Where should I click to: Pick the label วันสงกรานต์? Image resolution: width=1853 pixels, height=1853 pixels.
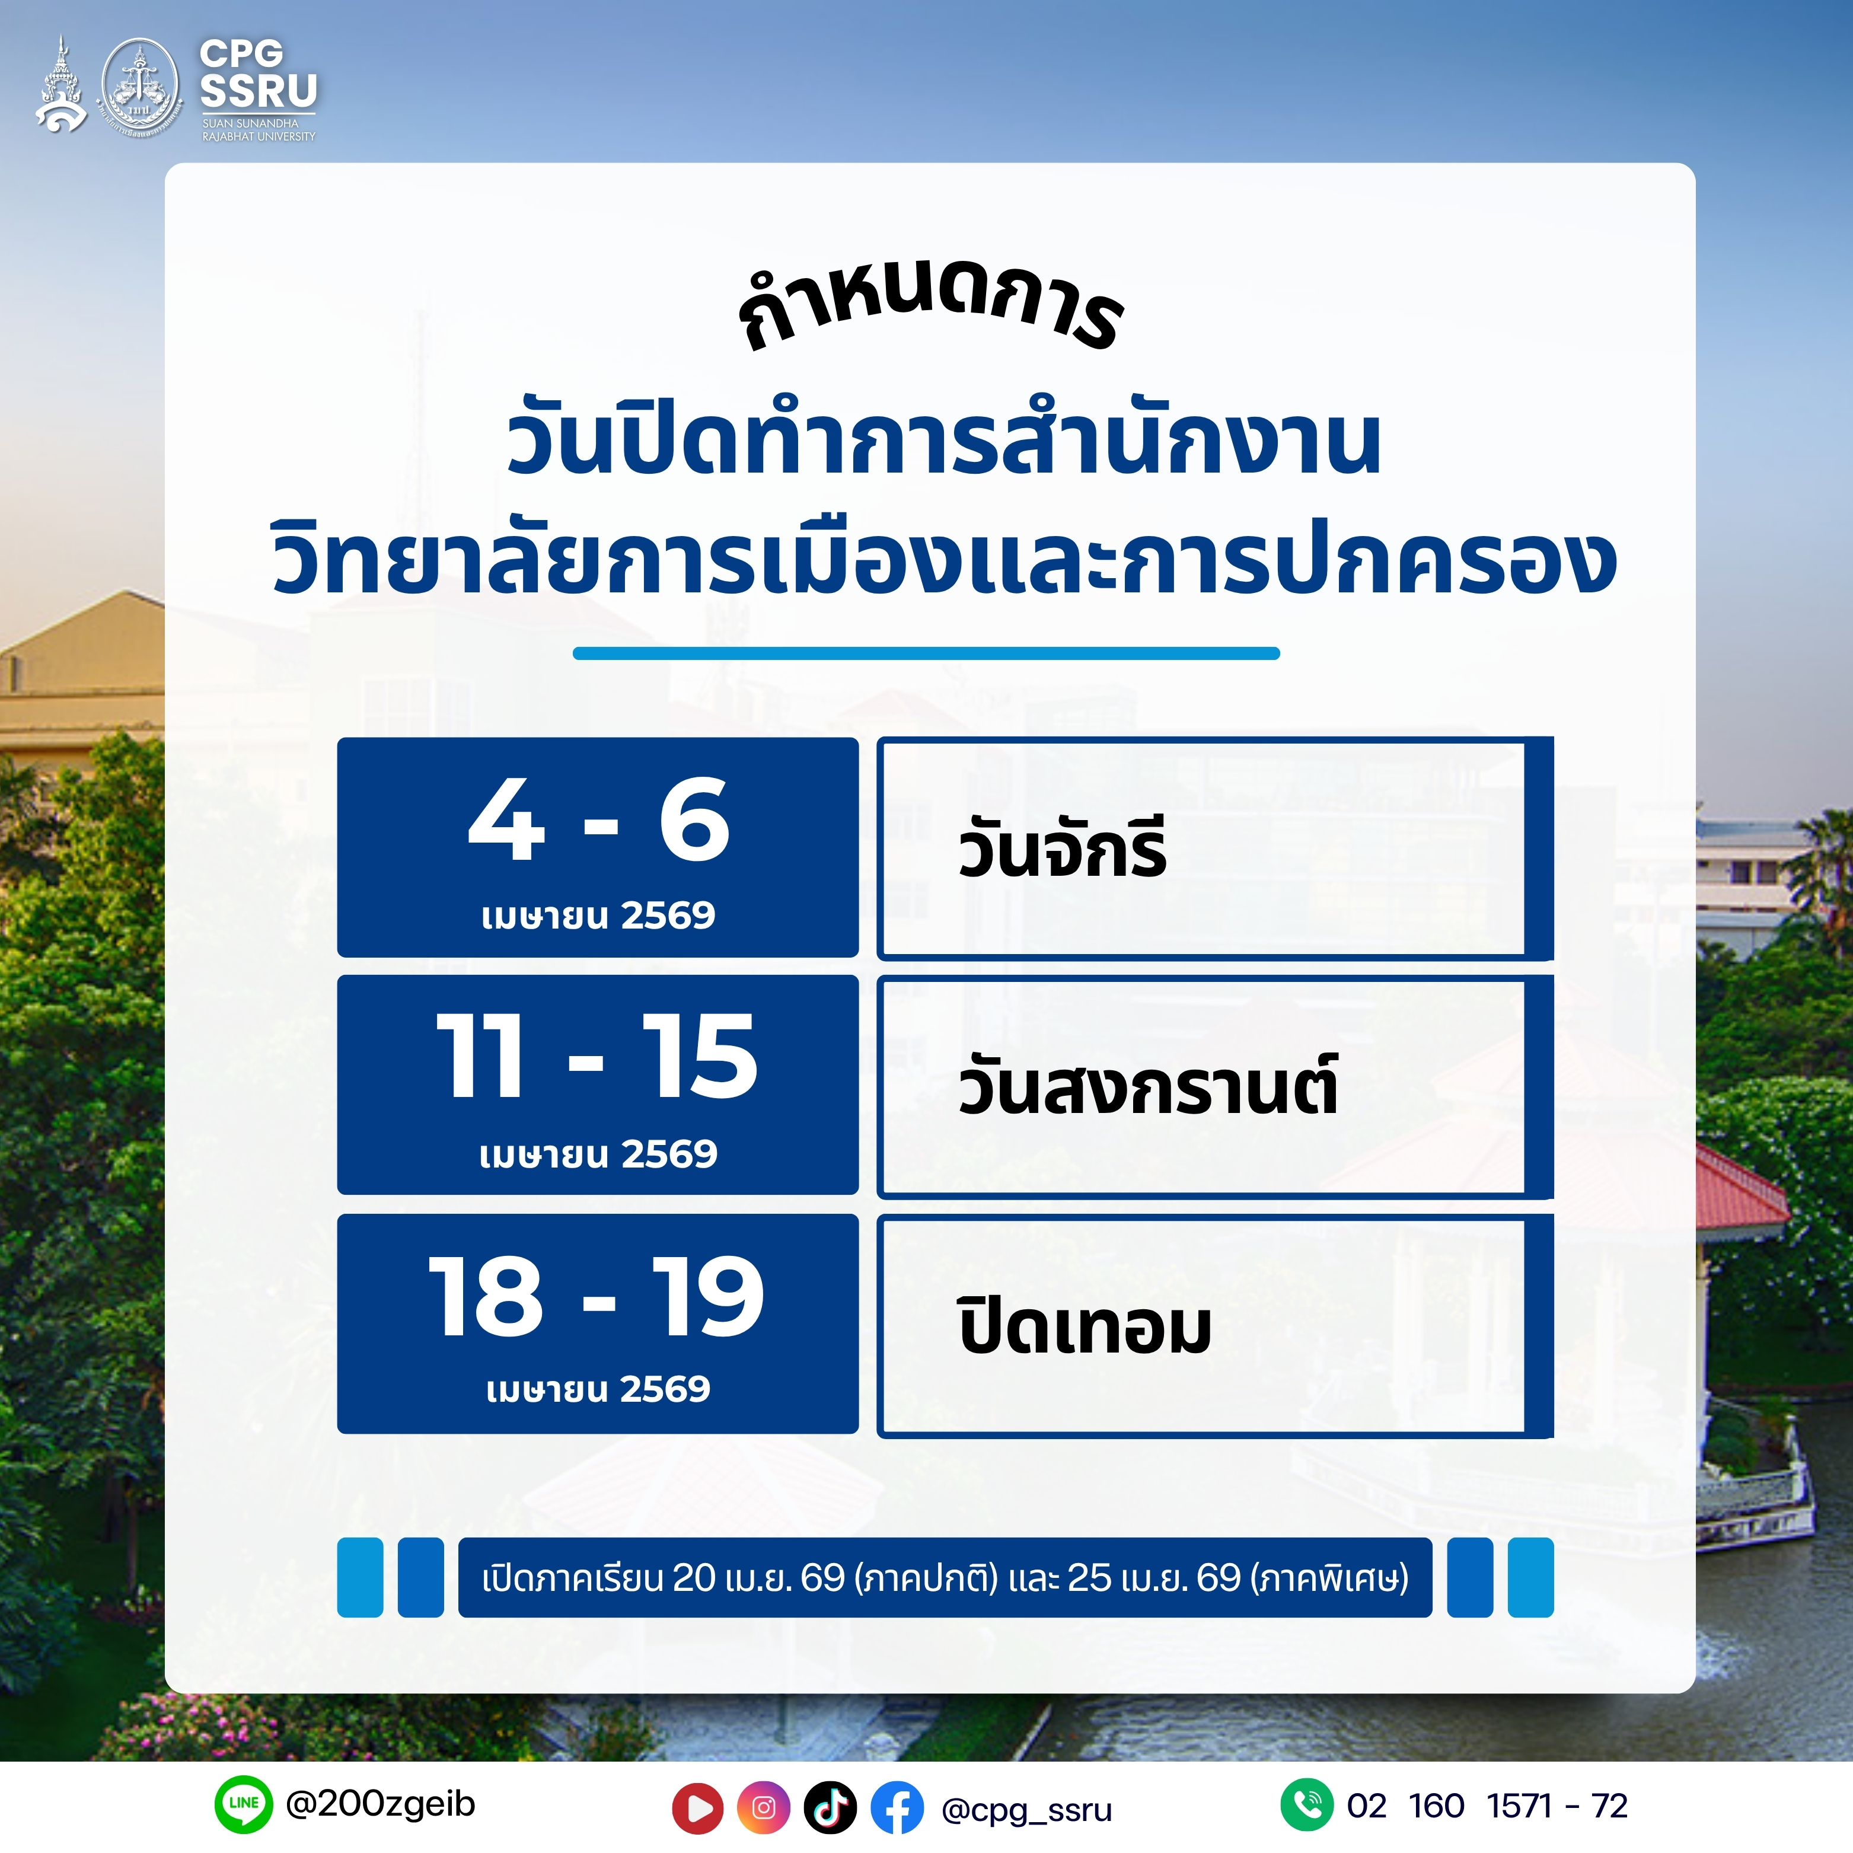click(x=1148, y=1084)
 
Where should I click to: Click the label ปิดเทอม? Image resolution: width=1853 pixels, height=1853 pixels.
click(x=1085, y=1325)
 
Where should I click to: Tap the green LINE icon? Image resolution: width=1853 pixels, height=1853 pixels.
click(x=244, y=1804)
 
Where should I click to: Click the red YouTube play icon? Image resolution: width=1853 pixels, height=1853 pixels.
click(x=699, y=1808)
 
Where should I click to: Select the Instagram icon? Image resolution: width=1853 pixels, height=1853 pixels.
click(x=764, y=1808)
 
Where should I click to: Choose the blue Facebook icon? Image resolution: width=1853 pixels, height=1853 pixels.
click(x=897, y=1808)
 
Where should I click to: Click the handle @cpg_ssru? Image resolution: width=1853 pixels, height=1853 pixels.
click(x=1026, y=1810)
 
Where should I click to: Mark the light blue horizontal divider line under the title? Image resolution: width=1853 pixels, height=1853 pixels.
click(x=926, y=653)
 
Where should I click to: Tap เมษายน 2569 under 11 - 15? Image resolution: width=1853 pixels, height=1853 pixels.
click(x=598, y=1154)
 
